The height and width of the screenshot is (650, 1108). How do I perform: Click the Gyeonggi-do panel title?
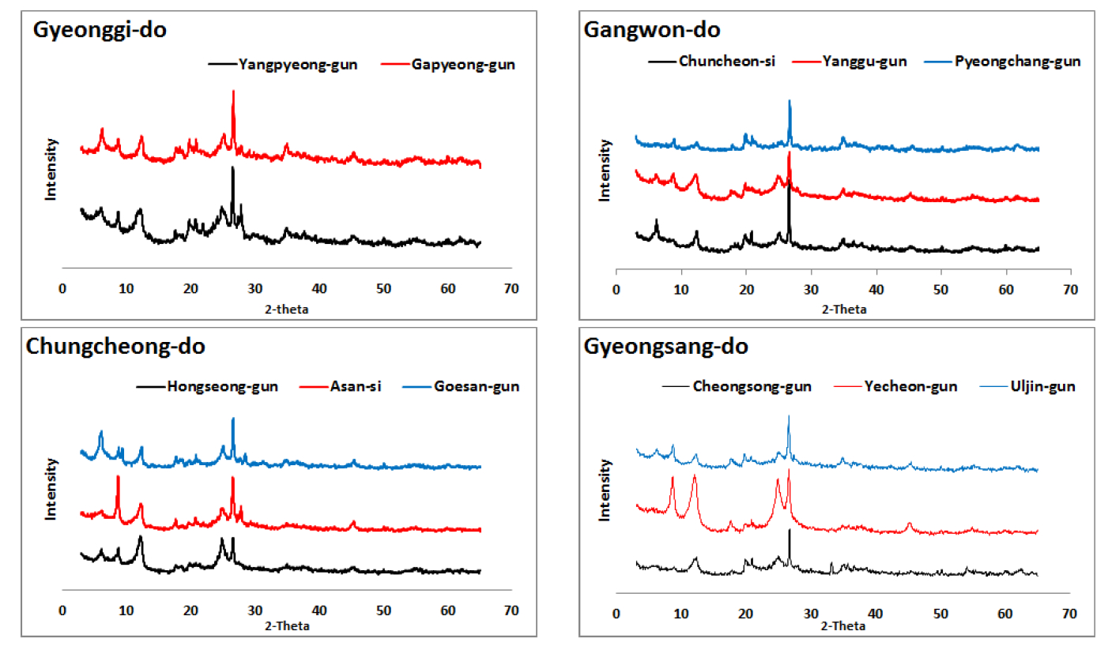tap(99, 32)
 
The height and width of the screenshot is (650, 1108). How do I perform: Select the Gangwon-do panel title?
tap(652, 31)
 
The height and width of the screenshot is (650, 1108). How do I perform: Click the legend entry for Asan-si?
tap(354, 387)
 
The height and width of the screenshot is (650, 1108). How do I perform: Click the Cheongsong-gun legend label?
tap(751, 387)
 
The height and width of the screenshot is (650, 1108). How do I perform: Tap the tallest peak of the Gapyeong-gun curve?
tap(233, 92)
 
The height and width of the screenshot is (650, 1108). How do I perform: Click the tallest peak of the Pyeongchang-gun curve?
tap(789, 101)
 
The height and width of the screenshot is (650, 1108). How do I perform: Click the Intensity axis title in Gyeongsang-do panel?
tap(605, 490)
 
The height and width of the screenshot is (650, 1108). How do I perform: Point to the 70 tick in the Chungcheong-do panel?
tap(511, 611)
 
